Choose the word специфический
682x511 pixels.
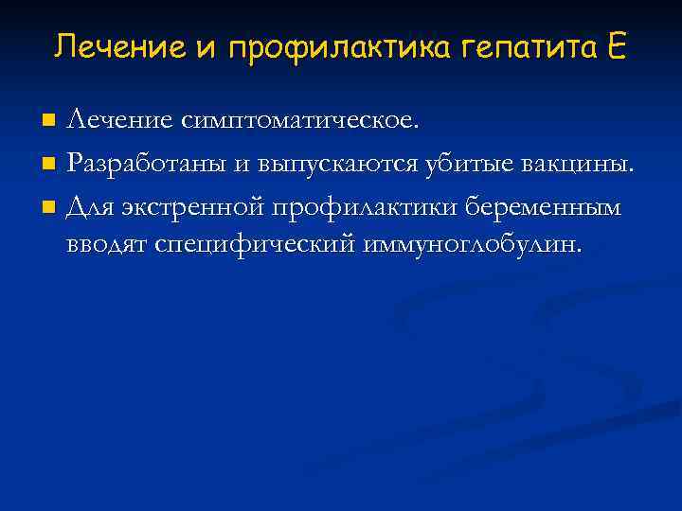coord(255,245)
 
